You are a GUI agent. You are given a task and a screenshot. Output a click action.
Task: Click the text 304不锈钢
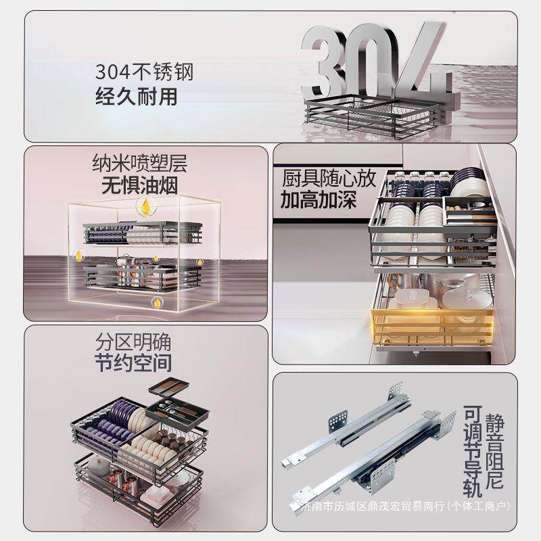coord(144,72)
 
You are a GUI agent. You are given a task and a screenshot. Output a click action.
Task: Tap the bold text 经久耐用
coord(137,96)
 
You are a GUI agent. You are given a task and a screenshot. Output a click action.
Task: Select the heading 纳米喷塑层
coord(140,163)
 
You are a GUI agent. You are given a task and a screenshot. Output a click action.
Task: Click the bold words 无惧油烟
coord(140,186)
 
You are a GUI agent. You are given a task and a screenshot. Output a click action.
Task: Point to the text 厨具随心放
coord(329,179)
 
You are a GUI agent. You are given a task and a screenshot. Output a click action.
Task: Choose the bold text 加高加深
coord(318,200)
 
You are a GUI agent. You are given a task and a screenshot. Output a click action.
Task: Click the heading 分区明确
coord(133,342)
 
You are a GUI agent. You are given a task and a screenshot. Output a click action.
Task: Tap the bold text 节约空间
coord(133,362)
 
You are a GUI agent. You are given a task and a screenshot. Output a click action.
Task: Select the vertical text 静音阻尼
coord(494,452)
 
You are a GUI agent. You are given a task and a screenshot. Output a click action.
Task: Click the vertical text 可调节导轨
coord(473,451)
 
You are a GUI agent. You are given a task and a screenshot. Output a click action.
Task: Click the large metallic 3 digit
coord(319,62)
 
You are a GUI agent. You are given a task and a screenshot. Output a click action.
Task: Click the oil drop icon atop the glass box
coord(147,206)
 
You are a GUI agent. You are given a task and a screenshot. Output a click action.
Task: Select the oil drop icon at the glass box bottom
coord(158,303)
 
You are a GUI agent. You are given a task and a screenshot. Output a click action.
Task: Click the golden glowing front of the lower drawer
coord(432,327)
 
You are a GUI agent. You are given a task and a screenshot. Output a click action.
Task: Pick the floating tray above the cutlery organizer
coord(168,387)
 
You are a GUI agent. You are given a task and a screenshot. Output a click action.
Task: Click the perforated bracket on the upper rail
coord(338,420)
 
